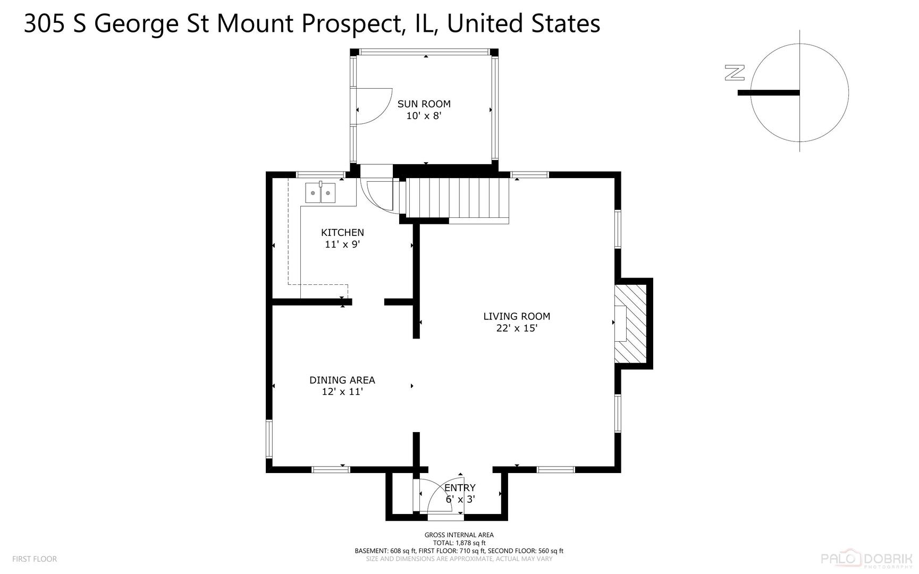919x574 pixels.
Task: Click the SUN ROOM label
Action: pyautogui.click(x=424, y=104)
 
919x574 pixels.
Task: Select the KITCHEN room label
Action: pyautogui.click(x=342, y=233)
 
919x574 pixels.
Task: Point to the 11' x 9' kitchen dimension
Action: pyautogui.click(x=342, y=244)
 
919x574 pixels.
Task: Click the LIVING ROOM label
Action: pyautogui.click(x=516, y=316)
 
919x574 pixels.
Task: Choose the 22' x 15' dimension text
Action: pyautogui.click(x=516, y=328)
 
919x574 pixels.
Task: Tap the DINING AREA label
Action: pyautogui.click(x=342, y=380)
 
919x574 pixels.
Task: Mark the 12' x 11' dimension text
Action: pyautogui.click(x=342, y=392)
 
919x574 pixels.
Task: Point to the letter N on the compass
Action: pyautogui.click(x=735, y=73)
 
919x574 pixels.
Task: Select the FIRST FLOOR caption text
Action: pyautogui.click(x=35, y=559)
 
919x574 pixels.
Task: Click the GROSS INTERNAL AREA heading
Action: pyautogui.click(x=459, y=535)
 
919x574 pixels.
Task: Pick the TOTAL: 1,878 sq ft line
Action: pyautogui.click(x=459, y=543)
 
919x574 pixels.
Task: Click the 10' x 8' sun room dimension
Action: pyautogui.click(x=424, y=116)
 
